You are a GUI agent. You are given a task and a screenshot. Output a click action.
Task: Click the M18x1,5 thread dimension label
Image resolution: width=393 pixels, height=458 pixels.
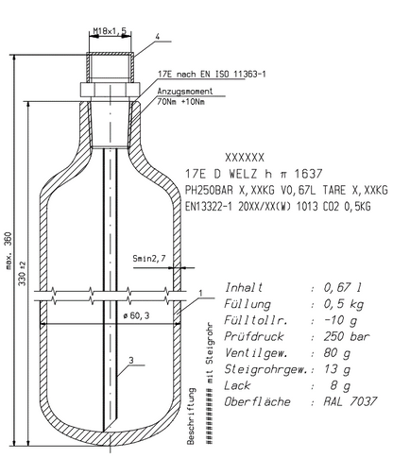click(110, 31)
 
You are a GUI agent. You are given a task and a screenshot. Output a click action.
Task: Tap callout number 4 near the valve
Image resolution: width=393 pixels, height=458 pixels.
click(158, 37)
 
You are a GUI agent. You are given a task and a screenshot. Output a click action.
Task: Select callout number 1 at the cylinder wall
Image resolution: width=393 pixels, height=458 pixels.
click(201, 294)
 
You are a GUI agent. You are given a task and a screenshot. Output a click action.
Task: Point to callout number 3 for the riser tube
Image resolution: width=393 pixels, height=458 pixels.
click(131, 360)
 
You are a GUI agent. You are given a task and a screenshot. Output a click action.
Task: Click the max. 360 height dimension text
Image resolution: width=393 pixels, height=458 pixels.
click(9, 251)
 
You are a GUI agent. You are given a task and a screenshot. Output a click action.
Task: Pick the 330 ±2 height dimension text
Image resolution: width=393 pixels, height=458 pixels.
click(23, 274)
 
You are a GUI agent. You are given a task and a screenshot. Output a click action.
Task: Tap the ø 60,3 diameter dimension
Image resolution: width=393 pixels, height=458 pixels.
click(136, 315)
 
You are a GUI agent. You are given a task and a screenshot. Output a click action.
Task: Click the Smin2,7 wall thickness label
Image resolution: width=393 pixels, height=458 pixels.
click(149, 259)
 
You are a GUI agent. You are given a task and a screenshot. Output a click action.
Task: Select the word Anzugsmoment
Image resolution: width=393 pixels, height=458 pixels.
click(185, 92)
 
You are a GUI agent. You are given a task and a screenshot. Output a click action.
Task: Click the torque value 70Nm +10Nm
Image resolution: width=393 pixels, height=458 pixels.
click(181, 102)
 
